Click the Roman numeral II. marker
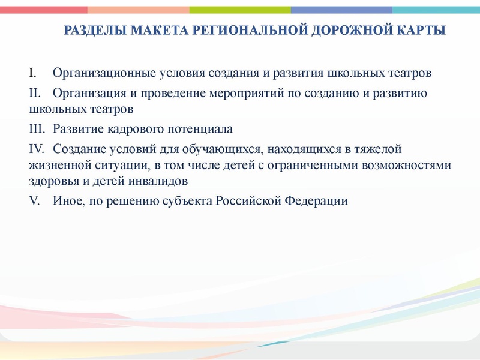coord(34,93)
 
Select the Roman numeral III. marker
coord(36,129)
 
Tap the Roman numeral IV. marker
coord(36,148)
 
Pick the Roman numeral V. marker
coord(34,201)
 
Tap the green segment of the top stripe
coord(240,10)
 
